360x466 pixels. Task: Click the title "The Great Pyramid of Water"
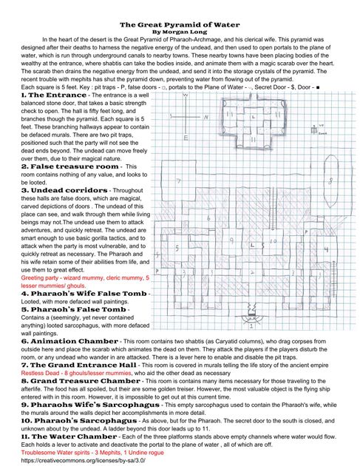(180, 24)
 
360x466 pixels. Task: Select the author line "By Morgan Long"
(180, 32)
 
